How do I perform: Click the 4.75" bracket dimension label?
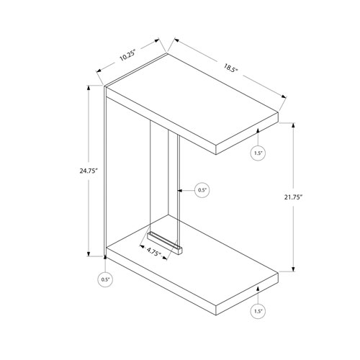click(152, 252)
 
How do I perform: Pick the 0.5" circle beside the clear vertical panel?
click(202, 190)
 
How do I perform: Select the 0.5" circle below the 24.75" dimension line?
click(107, 279)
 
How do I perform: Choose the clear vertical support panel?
click(163, 187)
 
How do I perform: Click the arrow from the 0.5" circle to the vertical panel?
click(184, 190)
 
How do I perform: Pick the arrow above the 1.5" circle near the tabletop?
click(258, 138)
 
